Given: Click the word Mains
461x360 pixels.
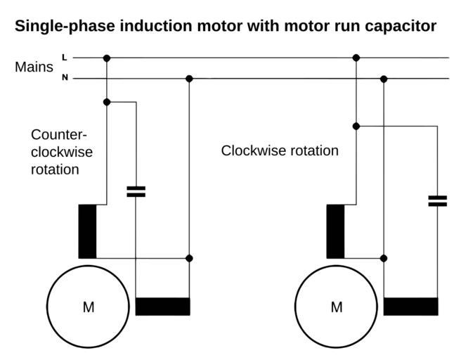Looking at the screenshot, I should pyautogui.click(x=34, y=67).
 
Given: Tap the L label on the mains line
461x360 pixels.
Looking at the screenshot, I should pyautogui.click(x=65, y=57).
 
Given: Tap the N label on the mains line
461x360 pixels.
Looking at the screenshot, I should pyautogui.click(x=65, y=78).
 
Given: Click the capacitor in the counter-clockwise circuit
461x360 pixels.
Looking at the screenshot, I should pyautogui.click(x=136, y=191).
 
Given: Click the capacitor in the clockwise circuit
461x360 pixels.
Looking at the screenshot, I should pyautogui.click(x=437, y=201).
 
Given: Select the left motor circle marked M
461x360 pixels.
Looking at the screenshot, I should pyautogui.click(x=89, y=307).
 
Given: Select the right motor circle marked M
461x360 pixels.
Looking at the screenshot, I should pyautogui.click(x=337, y=307).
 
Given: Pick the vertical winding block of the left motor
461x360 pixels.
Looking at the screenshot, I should pyautogui.click(x=87, y=231).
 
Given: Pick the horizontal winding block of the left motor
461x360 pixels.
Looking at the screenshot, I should pyautogui.click(x=162, y=307).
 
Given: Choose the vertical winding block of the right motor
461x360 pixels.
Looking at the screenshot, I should pyautogui.click(x=336, y=231).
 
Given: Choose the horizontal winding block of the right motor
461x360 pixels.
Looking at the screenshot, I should pyautogui.click(x=410, y=307).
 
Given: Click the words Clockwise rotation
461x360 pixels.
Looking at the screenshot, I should pyautogui.click(x=280, y=150).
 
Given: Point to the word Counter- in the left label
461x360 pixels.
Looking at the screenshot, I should pyautogui.click(x=59, y=134).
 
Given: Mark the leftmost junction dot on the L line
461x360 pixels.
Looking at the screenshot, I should pyautogui.click(x=107, y=58).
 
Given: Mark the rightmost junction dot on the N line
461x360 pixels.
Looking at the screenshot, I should pyautogui.click(x=384, y=79).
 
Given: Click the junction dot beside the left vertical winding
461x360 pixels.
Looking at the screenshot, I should pyautogui.click(x=189, y=258).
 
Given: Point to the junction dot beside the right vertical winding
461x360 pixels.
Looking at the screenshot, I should pyautogui.click(x=384, y=258).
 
